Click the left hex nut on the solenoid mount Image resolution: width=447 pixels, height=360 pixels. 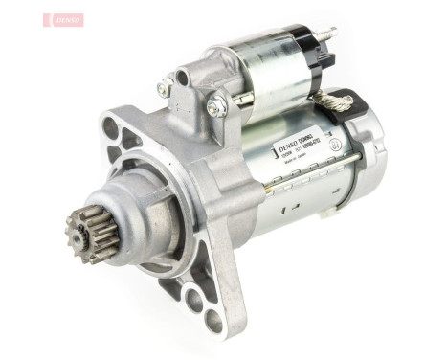(166, 88)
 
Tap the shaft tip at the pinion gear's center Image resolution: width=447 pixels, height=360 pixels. (81, 229)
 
